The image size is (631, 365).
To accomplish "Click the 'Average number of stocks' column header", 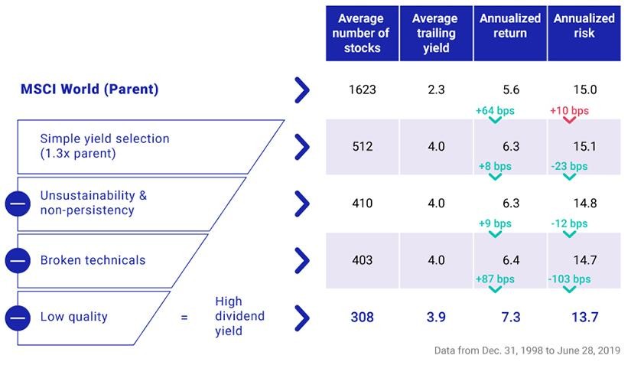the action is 363,34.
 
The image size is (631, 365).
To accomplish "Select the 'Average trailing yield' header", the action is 436,34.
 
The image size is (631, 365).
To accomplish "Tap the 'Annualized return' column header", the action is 510,34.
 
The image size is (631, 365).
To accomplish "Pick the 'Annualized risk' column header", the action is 584,34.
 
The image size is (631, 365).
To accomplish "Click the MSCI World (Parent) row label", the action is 89,89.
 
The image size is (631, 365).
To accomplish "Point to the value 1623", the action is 363,90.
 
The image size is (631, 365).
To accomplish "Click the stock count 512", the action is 363,146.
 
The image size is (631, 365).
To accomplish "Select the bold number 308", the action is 363,317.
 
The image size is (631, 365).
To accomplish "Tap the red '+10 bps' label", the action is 569,111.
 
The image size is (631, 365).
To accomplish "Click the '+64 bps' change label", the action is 495,111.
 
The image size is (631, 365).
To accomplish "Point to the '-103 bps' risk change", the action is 569,279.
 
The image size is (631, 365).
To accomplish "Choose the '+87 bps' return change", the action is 495,279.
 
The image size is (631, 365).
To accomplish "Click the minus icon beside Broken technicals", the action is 18,261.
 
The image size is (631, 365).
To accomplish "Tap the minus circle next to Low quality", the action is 18,318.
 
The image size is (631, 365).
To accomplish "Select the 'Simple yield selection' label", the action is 105,139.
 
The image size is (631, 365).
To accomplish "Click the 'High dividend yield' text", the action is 240,316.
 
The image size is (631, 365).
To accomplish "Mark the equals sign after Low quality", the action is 184,318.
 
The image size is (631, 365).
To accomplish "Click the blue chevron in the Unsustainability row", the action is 302,204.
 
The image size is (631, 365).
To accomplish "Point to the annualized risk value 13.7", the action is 584,317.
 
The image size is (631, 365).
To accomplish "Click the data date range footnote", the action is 527,350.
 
